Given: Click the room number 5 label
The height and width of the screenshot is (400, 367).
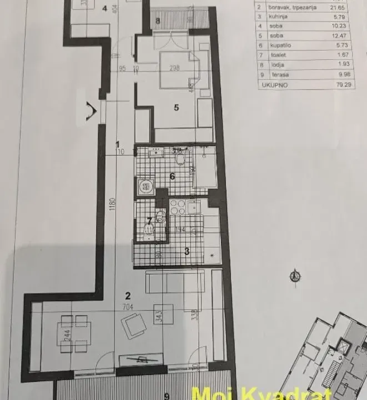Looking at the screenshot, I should [176, 108].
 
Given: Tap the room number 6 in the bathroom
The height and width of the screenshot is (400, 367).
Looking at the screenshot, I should [172, 176].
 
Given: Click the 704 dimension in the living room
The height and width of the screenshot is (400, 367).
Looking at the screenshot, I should [128, 305].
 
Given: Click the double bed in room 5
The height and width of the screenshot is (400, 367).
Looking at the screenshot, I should [176, 69].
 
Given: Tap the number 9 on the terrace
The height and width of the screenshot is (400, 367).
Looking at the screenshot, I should [167, 396].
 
